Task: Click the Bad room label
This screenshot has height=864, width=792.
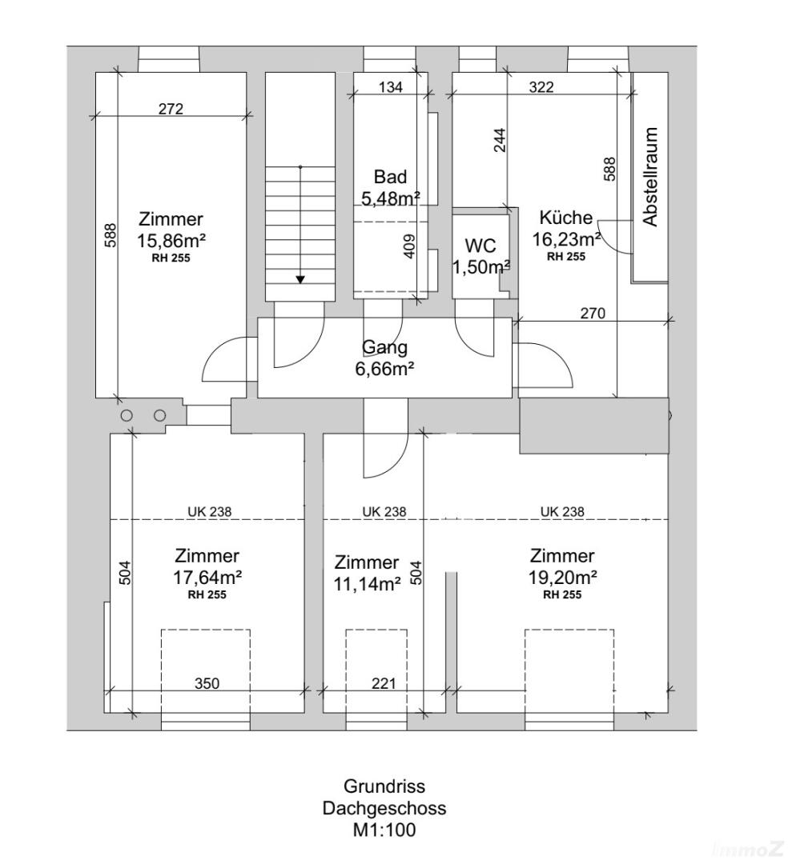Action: click(390, 177)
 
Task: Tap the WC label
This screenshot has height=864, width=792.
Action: click(480, 246)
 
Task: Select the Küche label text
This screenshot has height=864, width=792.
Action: click(565, 218)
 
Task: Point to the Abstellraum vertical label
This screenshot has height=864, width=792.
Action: click(650, 177)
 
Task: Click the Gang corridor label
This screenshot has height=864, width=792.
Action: click(385, 347)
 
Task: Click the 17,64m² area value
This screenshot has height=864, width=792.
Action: click(207, 576)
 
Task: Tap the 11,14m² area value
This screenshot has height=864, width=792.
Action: click(366, 584)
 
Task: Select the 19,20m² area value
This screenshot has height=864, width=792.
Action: click(561, 576)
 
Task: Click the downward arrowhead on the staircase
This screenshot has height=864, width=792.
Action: click(300, 278)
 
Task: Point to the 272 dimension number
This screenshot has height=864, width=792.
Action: click(171, 109)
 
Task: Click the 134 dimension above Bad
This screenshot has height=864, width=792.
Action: click(390, 88)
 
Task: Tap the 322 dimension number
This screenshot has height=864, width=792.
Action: click(541, 88)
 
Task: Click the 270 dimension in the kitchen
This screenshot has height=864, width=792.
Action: click(593, 313)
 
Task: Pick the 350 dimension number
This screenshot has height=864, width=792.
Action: click(207, 683)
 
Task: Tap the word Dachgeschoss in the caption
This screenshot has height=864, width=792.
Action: click(384, 808)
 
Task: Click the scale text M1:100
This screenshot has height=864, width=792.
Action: click(384, 830)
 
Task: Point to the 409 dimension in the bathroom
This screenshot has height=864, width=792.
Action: click(409, 245)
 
